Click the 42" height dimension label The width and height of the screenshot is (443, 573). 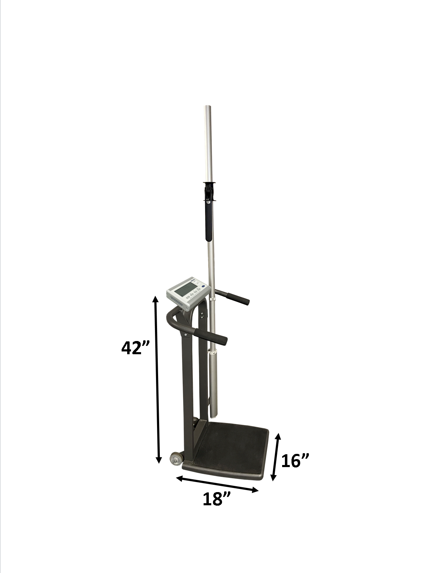pyautogui.click(x=135, y=348)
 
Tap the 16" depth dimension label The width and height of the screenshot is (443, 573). pyautogui.click(x=295, y=461)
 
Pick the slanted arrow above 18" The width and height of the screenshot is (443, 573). pyautogui.click(x=218, y=484)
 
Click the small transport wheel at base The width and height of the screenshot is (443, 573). pyautogui.click(x=176, y=459)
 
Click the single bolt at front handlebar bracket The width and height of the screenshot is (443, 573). pyautogui.click(x=186, y=335)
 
